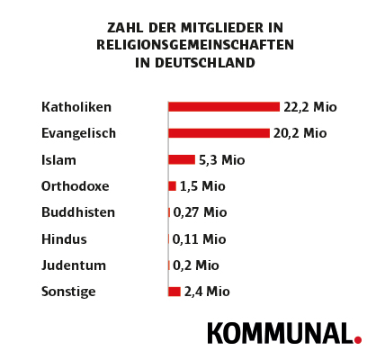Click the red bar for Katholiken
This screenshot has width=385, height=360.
pos(224,107)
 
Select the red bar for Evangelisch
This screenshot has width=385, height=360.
pos(219,133)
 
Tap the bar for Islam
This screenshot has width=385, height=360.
pos(182,160)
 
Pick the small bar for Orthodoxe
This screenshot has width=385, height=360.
pos(173,186)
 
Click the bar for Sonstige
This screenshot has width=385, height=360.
pos(175,292)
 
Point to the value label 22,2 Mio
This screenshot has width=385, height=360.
pos(309,107)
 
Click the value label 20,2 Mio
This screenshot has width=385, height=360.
pos(300,133)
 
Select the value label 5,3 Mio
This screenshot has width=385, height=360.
pos(221,160)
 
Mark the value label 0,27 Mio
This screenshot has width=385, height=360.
pos(200,213)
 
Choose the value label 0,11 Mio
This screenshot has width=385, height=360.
pos(199,239)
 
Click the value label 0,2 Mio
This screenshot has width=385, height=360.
pos(195,265)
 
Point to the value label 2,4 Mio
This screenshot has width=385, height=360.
pos(207,292)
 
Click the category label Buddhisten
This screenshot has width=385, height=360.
pos(78,213)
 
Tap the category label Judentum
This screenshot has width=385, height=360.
pos(74,265)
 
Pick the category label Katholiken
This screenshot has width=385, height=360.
pos(76,107)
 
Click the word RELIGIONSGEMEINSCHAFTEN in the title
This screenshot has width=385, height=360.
pos(195,44)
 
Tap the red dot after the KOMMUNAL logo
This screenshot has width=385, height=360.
pos(358,339)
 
